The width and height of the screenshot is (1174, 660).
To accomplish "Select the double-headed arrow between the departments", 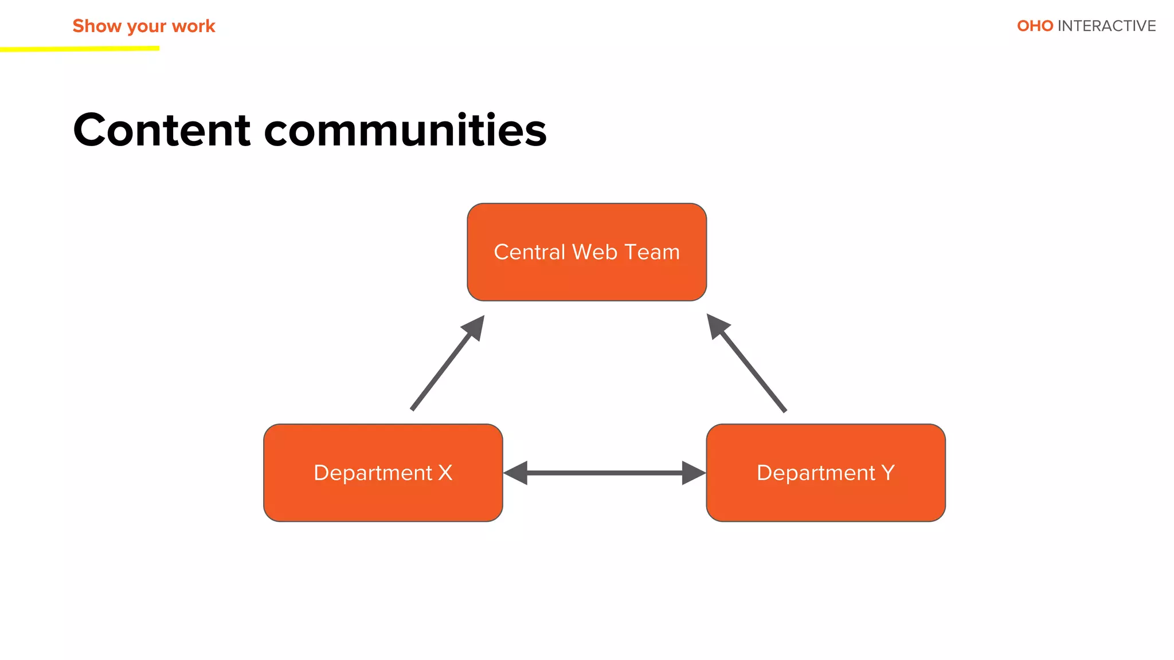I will coord(604,473).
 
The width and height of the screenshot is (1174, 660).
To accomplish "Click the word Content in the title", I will coord(162,130).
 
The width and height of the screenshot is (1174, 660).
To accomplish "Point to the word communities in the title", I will coord(405,130).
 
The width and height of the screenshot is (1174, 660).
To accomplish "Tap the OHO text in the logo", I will coord(1035,26).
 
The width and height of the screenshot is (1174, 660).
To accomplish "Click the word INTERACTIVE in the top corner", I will coord(1106,26).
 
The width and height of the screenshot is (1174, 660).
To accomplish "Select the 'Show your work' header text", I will coord(143,26).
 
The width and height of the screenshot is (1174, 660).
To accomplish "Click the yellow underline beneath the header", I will coord(80,49).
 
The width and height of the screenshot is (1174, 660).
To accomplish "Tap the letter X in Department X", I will coord(445,473).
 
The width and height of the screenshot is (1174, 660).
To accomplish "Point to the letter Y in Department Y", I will coord(888,473).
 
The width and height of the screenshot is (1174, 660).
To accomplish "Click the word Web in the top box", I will coord(594,252).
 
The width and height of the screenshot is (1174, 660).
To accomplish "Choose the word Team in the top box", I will coord(652,252).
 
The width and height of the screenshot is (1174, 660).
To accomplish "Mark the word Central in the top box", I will coord(529,252).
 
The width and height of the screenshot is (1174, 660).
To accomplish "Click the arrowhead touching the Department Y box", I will coord(693,473).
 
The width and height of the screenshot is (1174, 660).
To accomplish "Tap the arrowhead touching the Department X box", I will coord(516,473).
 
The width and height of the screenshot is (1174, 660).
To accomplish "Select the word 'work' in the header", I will coord(193,26).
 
